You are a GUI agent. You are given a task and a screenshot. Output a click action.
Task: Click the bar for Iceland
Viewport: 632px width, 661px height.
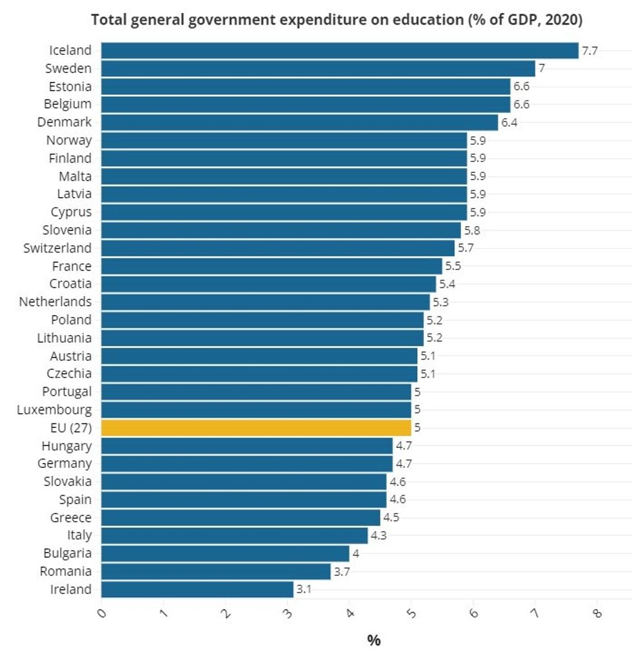340,50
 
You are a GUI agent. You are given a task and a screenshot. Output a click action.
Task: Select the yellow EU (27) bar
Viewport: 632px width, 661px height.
256,427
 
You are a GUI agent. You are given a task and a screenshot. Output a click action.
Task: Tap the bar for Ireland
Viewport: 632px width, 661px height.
197,589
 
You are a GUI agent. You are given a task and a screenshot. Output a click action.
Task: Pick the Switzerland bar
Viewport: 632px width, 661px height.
278,248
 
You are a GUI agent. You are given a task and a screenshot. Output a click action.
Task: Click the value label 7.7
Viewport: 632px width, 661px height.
590,50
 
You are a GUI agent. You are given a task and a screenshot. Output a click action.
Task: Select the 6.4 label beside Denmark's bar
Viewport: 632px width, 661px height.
509,122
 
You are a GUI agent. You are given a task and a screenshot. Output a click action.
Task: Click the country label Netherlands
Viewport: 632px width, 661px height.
55,301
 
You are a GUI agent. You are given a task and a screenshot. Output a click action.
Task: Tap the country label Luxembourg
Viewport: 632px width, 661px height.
54,409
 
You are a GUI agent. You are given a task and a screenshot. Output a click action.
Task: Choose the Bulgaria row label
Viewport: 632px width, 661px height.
68,553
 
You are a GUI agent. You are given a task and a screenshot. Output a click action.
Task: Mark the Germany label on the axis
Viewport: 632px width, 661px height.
64,463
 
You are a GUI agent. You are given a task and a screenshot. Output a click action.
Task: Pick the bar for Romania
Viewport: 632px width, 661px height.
216,571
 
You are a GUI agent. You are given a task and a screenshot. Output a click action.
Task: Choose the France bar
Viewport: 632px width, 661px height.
272,266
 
